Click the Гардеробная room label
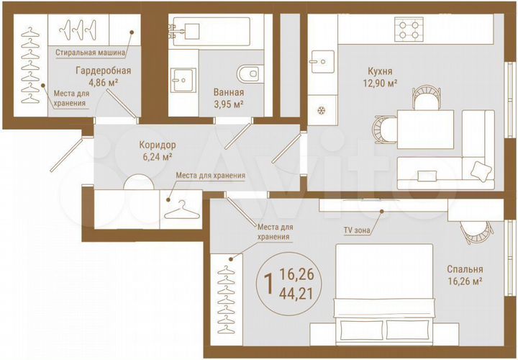103,71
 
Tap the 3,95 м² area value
228,104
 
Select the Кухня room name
378,71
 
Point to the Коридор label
157,144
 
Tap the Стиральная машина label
91,53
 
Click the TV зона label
358,230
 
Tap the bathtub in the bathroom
209,31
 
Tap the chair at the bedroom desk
477,231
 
